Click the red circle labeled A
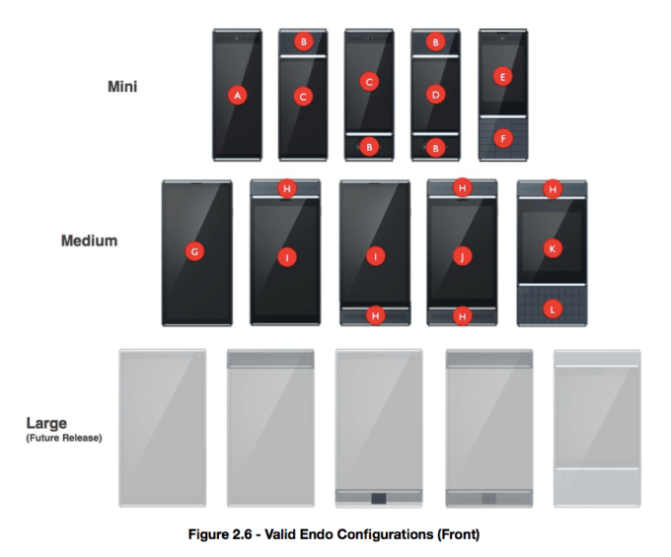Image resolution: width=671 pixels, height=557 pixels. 237,95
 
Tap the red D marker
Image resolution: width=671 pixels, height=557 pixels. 436,95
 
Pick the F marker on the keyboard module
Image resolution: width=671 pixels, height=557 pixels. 503,139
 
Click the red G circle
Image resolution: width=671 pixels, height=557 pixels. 195,252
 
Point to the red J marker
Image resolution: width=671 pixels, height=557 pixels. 462,255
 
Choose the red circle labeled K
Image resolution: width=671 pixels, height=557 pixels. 553,249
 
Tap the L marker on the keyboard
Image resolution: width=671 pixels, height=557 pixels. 553,309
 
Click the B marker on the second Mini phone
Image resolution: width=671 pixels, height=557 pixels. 304,41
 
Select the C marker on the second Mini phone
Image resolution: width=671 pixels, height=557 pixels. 304,96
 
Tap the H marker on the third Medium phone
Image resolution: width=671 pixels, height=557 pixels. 375,315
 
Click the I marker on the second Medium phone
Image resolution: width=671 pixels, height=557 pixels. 286,256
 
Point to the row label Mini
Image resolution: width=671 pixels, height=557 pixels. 122,87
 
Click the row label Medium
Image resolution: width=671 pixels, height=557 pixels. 90,241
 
